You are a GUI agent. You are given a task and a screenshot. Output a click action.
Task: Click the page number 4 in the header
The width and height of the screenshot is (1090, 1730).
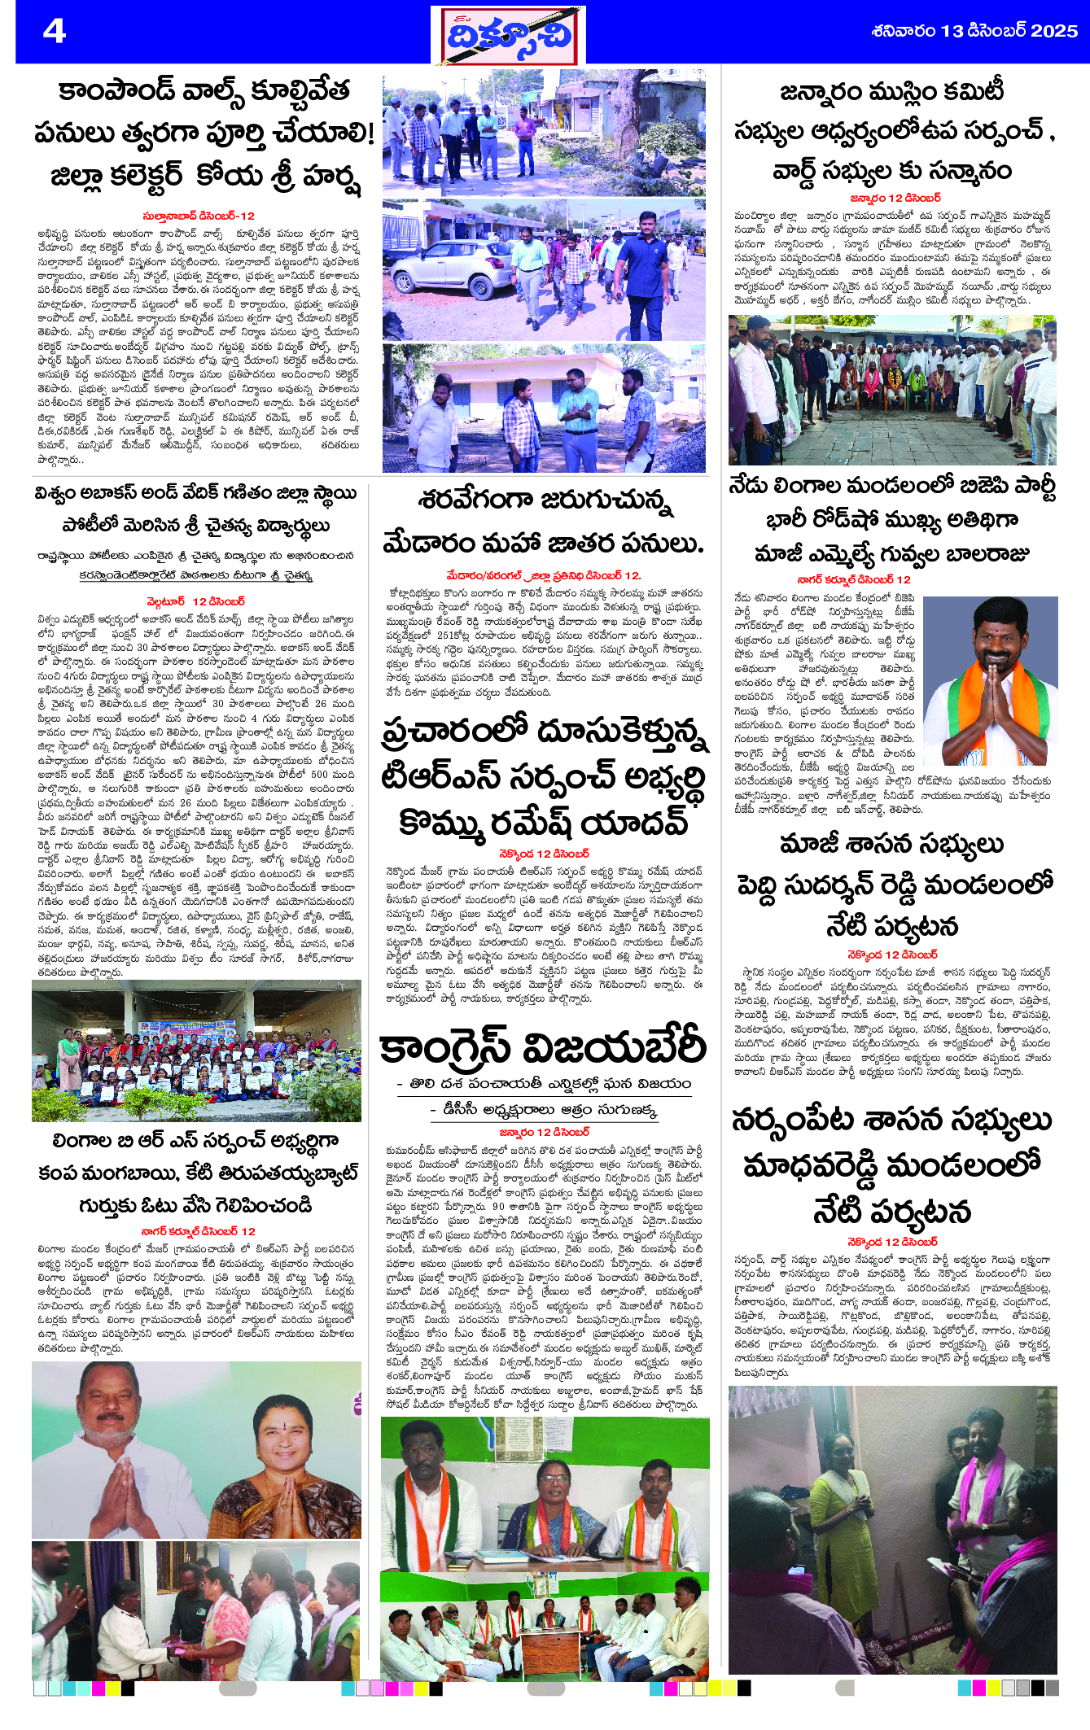[54, 31]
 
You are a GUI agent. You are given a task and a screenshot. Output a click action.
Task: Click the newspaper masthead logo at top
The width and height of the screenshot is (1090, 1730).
[508, 36]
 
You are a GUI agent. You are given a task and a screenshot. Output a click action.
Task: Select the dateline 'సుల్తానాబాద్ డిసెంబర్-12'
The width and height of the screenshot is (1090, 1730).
[199, 216]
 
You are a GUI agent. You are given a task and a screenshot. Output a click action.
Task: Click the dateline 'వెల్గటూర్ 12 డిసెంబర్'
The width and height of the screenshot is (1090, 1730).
[195, 601]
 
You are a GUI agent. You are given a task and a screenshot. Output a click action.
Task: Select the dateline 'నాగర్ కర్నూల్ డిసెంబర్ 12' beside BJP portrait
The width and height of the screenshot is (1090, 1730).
[853, 579]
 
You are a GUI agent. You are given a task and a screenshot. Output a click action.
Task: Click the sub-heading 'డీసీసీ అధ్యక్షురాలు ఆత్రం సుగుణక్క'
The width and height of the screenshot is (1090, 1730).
[543, 1110]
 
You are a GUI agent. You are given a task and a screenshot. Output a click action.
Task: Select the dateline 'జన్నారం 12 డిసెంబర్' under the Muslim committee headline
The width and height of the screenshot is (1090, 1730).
[894, 198]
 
